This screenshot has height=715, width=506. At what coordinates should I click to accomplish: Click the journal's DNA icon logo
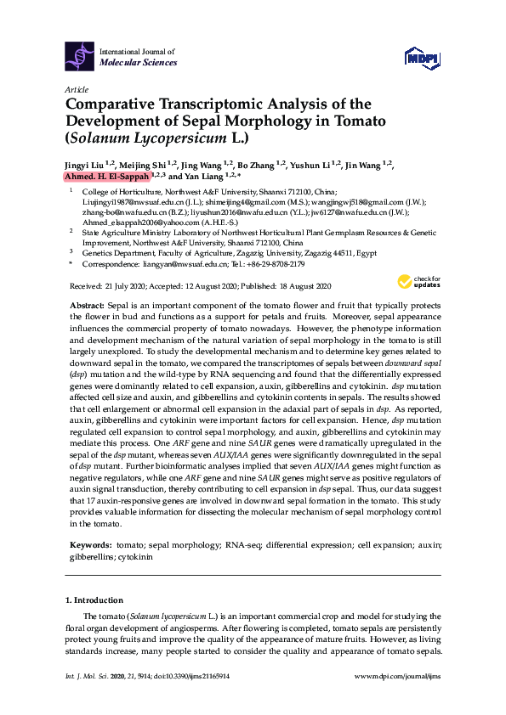(79, 56)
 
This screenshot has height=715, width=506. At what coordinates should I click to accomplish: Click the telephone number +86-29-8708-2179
(265, 264)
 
